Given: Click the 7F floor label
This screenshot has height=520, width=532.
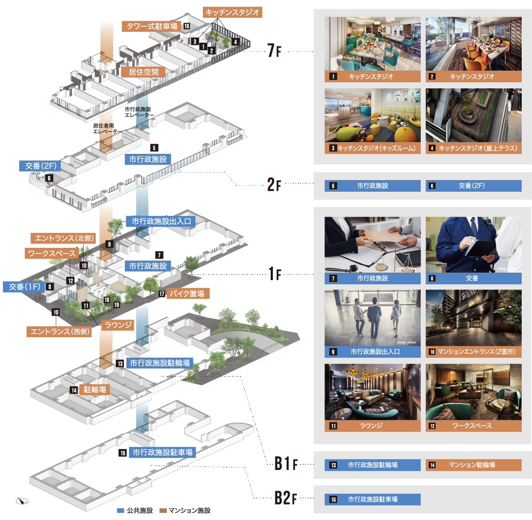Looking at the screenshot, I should click(x=274, y=51).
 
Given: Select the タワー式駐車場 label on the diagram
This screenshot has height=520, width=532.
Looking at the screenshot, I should click(x=152, y=26).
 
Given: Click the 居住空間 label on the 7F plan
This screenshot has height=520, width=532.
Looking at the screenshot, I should click(x=144, y=72).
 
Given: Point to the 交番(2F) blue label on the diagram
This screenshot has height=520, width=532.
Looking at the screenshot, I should click(x=41, y=166).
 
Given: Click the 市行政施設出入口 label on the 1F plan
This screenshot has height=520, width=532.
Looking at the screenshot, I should click(x=161, y=221).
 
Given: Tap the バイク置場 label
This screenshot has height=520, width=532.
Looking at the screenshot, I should click(x=187, y=294).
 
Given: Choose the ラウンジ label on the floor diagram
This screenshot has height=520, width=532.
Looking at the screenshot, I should click(x=118, y=325).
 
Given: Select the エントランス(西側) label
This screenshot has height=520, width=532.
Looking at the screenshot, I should click(x=59, y=332).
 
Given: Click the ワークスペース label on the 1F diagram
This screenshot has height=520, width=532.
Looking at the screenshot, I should click(x=51, y=253).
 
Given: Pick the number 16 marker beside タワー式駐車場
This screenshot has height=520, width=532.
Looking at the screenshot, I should click(x=187, y=26).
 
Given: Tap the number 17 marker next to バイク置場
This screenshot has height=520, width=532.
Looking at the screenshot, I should click(x=162, y=294).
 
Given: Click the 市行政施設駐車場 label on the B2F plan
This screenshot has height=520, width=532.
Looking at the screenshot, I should click(x=162, y=452).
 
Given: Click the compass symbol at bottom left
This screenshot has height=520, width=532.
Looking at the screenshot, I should click(x=22, y=501).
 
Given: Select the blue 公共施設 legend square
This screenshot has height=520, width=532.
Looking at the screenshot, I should click(x=121, y=511).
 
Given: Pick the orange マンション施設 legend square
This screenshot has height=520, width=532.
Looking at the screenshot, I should click(x=163, y=511).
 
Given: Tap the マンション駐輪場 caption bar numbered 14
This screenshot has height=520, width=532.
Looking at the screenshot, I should click(x=473, y=465).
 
